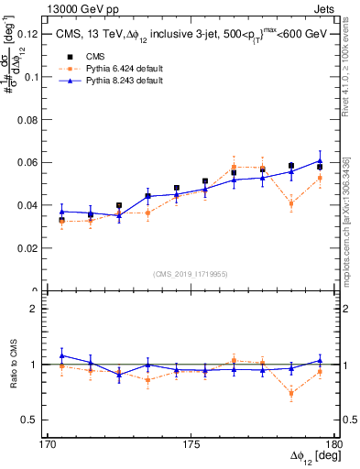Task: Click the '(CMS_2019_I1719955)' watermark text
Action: tap(191, 273)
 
